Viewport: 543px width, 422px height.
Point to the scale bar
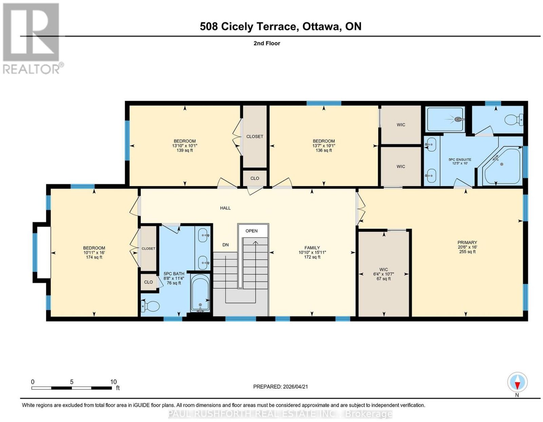coord(72,388)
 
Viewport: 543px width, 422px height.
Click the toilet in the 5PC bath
coord(150,306)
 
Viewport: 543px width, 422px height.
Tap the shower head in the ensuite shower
coord(457,120)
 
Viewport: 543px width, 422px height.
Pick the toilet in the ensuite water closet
coord(514,120)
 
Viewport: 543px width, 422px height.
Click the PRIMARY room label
coord(467,242)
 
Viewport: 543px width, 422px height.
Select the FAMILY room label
coord(312,247)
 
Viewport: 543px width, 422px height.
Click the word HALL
coord(225,208)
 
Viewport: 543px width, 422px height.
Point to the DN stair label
coord(225,245)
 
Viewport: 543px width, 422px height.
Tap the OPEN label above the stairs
coord(251,231)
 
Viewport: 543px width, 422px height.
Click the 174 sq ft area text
coord(94,257)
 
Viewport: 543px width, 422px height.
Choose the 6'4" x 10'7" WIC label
coord(383,274)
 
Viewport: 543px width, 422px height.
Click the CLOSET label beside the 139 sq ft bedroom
coord(255,136)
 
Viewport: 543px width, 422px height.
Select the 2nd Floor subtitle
coord(267,43)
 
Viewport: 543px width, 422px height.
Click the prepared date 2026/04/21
coord(295,386)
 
